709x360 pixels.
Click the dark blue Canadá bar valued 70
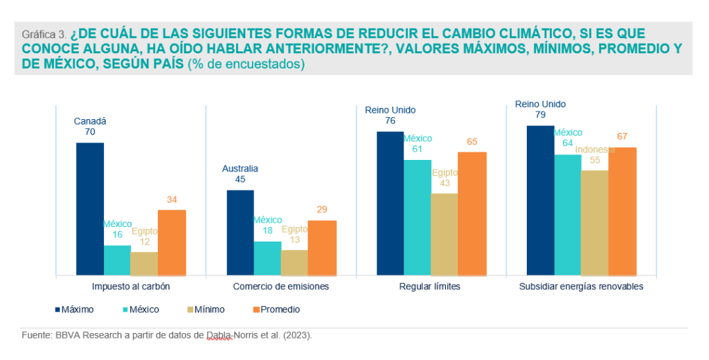[90, 208]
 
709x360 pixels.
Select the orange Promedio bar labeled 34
[172, 242]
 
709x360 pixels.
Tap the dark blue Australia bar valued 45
[240, 232]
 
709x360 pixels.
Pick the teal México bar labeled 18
[267, 258]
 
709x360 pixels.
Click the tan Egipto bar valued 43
[445, 234]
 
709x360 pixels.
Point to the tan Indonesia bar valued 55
[595, 222]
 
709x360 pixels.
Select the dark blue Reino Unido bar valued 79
[541, 200]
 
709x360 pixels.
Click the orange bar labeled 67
[622, 211]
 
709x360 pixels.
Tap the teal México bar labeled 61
[418, 217]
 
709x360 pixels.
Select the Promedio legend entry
[277, 309]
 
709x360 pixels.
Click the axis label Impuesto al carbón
[131, 286]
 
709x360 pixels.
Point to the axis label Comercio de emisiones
[280, 286]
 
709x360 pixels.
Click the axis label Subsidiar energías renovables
[581, 286]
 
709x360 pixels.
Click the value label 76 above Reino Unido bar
[390, 120]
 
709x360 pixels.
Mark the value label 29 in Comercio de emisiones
[322, 210]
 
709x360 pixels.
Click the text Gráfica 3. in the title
[44, 33]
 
